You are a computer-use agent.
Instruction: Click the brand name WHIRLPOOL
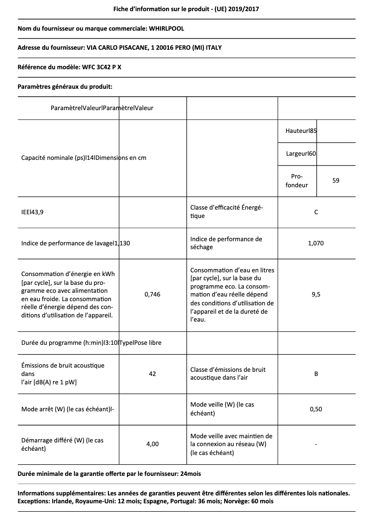click(x=167, y=28)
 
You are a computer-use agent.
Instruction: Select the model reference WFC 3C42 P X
click(x=102, y=67)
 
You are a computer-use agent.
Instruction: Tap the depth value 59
click(x=336, y=180)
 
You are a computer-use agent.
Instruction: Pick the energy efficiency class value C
click(x=316, y=212)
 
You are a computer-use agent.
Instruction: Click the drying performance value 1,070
click(x=316, y=243)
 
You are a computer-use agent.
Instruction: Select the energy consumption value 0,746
click(x=153, y=294)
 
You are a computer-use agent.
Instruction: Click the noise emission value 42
click(x=153, y=374)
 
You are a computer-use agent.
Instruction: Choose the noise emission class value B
click(x=316, y=374)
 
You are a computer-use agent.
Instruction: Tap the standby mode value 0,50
click(x=316, y=409)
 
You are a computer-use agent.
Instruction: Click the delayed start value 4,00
click(x=153, y=444)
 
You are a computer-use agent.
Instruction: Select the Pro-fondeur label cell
click(x=297, y=181)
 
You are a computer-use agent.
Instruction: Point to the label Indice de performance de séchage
click(x=226, y=243)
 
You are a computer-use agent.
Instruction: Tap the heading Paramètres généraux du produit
click(x=65, y=86)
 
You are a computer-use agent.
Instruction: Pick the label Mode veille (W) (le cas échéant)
click(x=222, y=409)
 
